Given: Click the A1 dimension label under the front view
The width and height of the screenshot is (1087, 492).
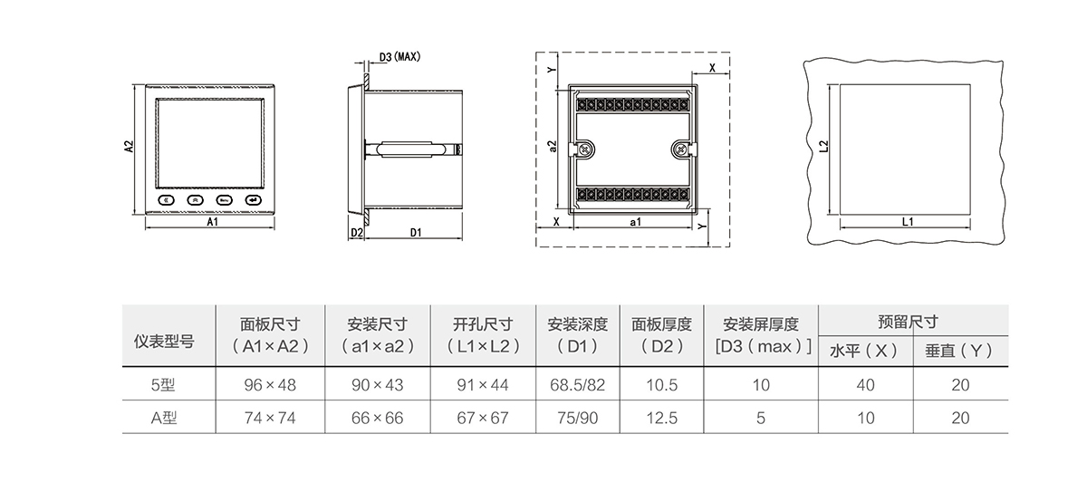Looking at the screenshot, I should tap(212, 221).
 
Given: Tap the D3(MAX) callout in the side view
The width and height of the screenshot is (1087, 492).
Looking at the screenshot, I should tap(399, 57).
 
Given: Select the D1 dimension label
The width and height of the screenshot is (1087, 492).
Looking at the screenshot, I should tap(416, 233).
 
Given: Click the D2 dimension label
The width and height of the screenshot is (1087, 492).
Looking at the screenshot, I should tap(356, 233).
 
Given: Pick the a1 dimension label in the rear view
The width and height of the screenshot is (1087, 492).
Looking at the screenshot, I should tap(635, 221).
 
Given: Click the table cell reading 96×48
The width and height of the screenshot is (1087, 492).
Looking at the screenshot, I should tap(270, 385).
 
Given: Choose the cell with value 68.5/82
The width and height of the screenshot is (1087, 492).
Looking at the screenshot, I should tap(577, 385).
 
